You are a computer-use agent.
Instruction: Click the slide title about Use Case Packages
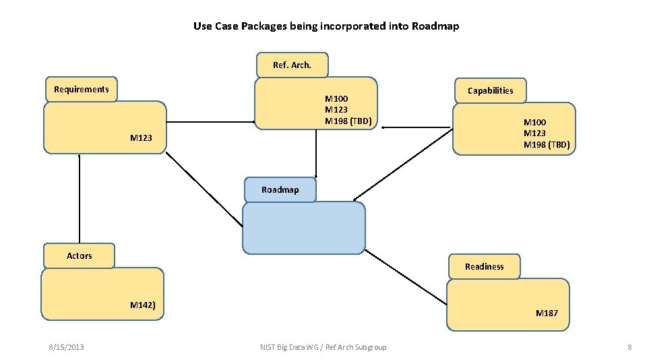[x=326, y=26]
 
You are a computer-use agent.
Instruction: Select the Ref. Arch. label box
[x=292, y=65]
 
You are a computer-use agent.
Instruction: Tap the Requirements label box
[x=82, y=89]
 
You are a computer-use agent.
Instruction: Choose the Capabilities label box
[x=490, y=90]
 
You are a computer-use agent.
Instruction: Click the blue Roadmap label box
[x=280, y=190]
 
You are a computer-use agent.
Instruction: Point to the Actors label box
[x=79, y=255]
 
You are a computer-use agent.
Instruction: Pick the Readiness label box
[x=484, y=266]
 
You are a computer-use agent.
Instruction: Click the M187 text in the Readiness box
[x=547, y=313]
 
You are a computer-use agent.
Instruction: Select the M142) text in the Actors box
[x=143, y=305]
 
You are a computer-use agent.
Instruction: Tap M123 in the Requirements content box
[x=141, y=138]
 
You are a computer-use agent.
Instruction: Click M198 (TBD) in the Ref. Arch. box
[x=348, y=121]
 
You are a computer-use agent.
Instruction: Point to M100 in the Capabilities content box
[x=535, y=122]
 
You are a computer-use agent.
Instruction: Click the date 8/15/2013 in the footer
[x=66, y=347]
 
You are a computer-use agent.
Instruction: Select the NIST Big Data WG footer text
[x=323, y=347]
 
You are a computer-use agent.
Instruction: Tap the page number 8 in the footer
[x=629, y=347]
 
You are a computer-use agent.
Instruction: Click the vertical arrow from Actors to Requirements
[x=80, y=199]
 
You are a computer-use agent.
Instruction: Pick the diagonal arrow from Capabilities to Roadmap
[x=403, y=164]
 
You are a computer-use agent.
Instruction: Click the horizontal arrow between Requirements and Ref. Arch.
[x=210, y=122]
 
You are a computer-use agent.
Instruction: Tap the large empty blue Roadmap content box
[x=303, y=229]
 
